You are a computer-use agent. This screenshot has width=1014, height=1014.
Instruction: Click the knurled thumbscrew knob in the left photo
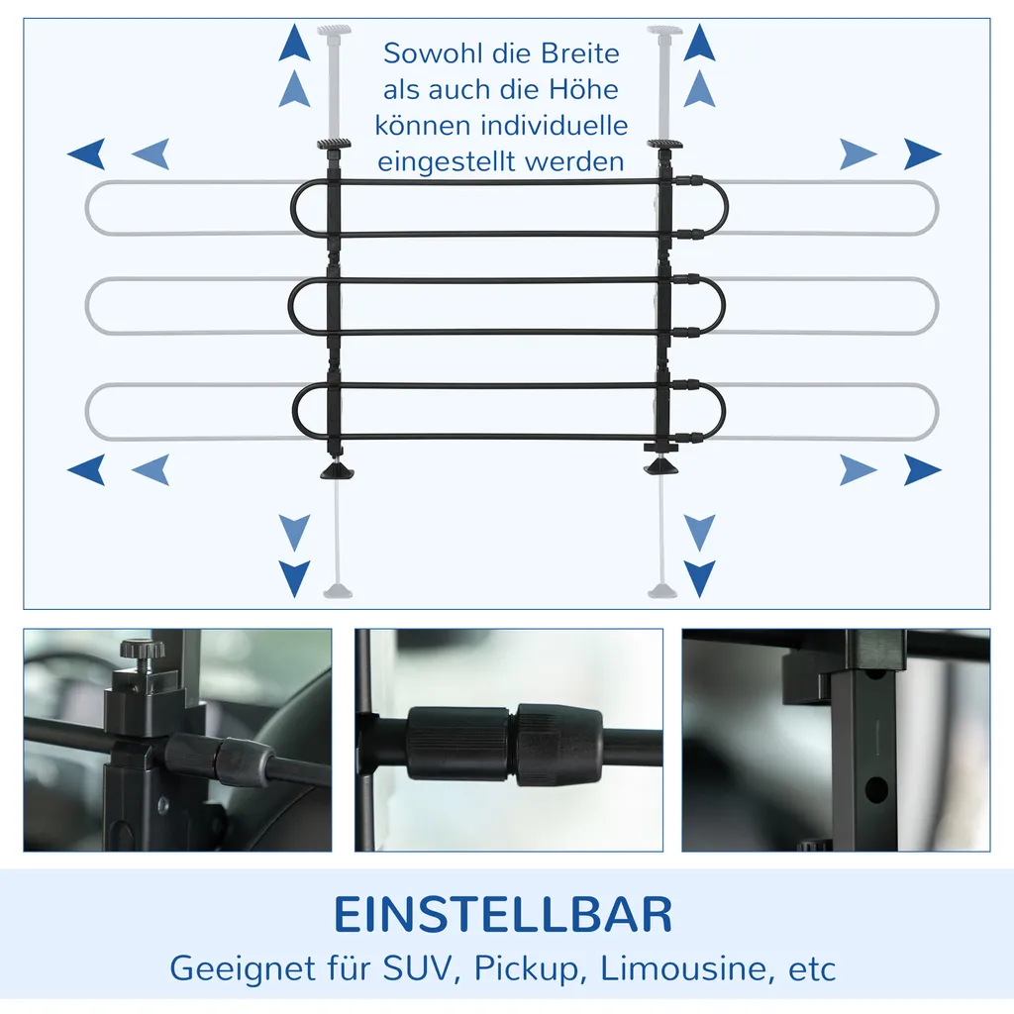[142, 651]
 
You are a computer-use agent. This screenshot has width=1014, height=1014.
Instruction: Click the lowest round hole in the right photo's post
[875, 789]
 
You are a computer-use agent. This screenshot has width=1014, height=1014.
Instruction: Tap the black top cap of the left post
[335, 147]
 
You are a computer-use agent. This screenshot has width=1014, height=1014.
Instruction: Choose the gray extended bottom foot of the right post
[660, 591]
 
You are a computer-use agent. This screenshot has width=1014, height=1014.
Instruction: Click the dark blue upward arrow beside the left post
[294, 45]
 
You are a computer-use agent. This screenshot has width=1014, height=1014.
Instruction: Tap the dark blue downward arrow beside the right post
[700, 577]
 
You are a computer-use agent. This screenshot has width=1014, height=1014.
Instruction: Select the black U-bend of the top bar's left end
[299, 208]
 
